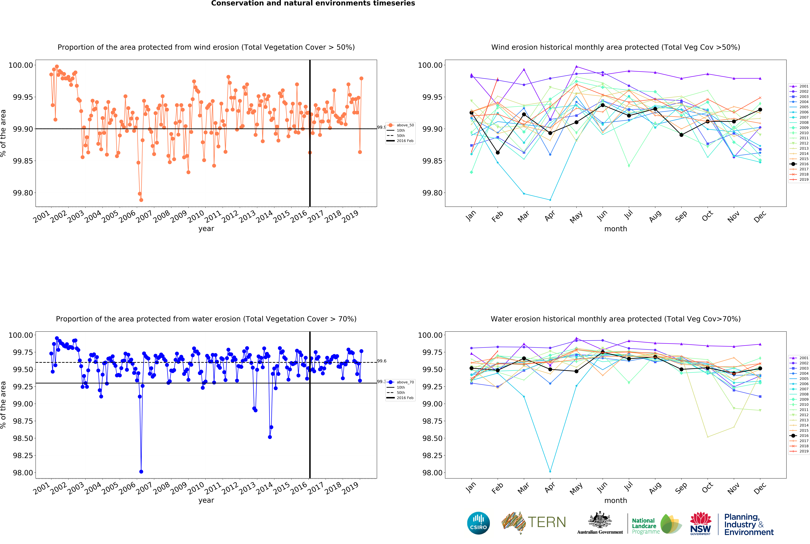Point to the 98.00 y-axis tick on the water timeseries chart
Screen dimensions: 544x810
coord(23,473)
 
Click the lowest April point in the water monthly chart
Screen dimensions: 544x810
coord(550,472)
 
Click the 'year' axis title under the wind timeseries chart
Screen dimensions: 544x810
coord(206,229)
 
